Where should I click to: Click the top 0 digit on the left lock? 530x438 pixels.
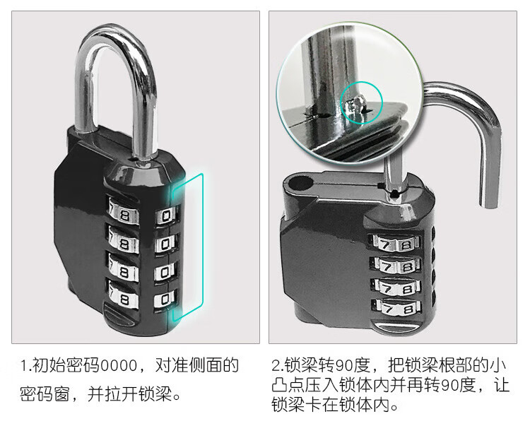(x=165, y=216)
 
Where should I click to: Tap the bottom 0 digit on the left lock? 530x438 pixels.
(x=165, y=300)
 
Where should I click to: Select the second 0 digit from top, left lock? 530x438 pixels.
(x=165, y=244)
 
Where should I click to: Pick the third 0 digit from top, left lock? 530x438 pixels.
(x=165, y=272)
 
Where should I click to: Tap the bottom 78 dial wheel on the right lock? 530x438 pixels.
(x=397, y=308)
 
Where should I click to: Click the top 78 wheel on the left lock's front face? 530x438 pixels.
(x=123, y=214)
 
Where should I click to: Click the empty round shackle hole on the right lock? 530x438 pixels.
(x=299, y=184)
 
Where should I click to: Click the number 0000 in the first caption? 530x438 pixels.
(x=119, y=366)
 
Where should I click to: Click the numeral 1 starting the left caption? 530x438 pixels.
(x=23, y=366)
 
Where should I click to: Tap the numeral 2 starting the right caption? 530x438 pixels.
(x=276, y=365)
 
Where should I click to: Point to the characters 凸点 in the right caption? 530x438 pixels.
(x=288, y=384)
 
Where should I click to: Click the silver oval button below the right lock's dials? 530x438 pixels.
(x=395, y=328)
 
